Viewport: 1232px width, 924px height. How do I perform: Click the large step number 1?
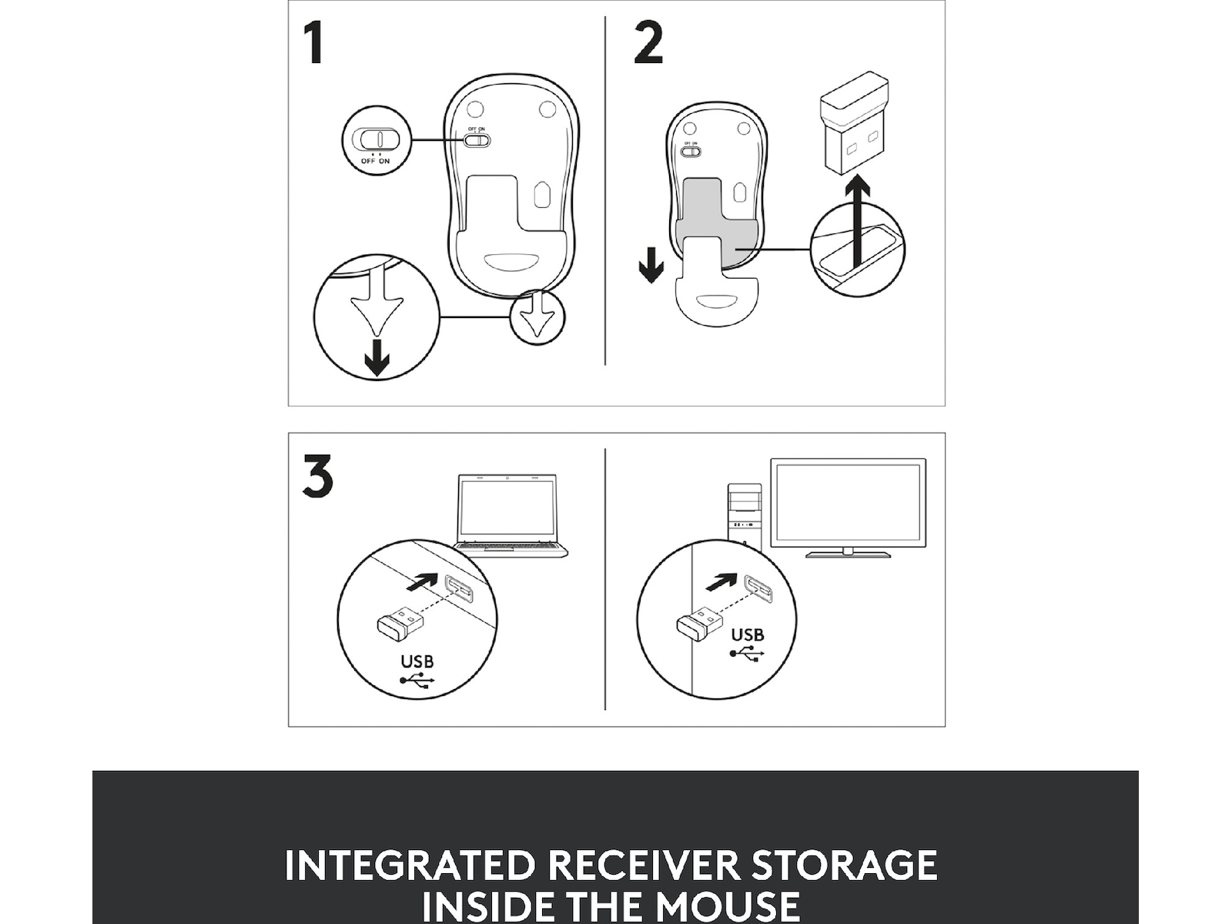313,43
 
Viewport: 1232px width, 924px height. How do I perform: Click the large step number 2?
648,42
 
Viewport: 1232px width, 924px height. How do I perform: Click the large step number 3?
318,477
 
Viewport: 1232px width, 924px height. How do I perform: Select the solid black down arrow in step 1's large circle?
377,357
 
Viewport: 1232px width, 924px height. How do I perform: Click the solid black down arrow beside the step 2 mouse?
651,266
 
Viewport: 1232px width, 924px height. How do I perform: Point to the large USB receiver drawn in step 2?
853,122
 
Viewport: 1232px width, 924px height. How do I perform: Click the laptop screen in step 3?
507,508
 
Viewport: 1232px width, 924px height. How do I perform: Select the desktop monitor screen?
848,503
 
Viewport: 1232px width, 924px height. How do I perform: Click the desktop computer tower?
745,514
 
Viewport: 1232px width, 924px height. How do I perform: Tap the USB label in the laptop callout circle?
417,662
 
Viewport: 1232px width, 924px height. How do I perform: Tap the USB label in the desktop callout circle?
748,635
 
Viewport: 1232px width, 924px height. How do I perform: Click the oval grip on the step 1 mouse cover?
510,262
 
